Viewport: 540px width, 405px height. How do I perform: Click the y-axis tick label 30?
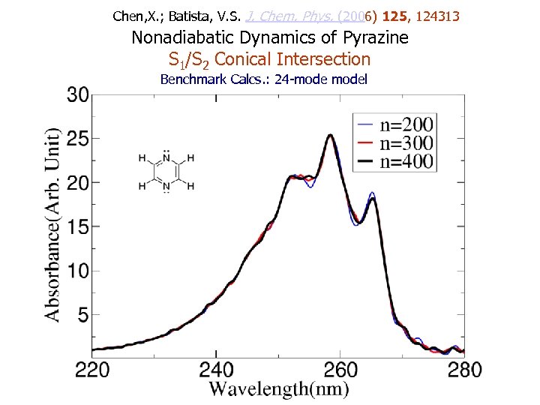[x=77, y=95]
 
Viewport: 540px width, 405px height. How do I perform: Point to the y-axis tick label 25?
[x=77, y=139]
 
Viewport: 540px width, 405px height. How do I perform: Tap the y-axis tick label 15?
[x=77, y=226]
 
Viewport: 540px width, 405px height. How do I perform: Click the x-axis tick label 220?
[x=92, y=370]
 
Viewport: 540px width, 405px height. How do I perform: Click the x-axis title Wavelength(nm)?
[x=279, y=388]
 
